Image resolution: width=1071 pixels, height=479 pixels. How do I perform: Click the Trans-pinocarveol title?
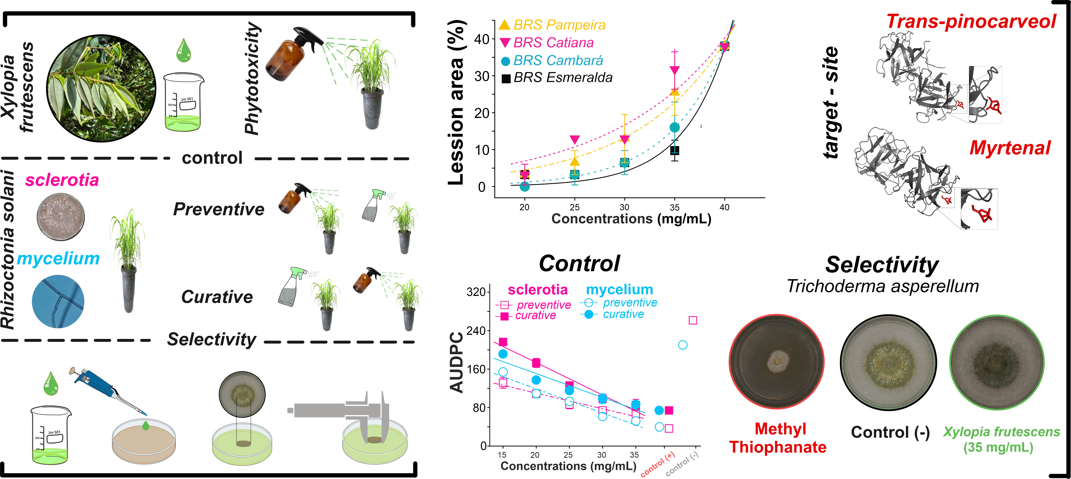click(x=971, y=22)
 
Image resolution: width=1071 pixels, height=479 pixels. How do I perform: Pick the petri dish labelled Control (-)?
click(x=889, y=362)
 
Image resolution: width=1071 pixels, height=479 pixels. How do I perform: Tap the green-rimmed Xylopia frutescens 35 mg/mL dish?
click(x=997, y=362)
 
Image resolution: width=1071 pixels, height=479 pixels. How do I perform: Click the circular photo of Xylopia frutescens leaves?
click(x=101, y=88)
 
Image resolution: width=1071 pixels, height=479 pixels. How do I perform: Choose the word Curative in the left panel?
click(x=217, y=297)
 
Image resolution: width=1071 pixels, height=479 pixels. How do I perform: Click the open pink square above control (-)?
click(x=693, y=320)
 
